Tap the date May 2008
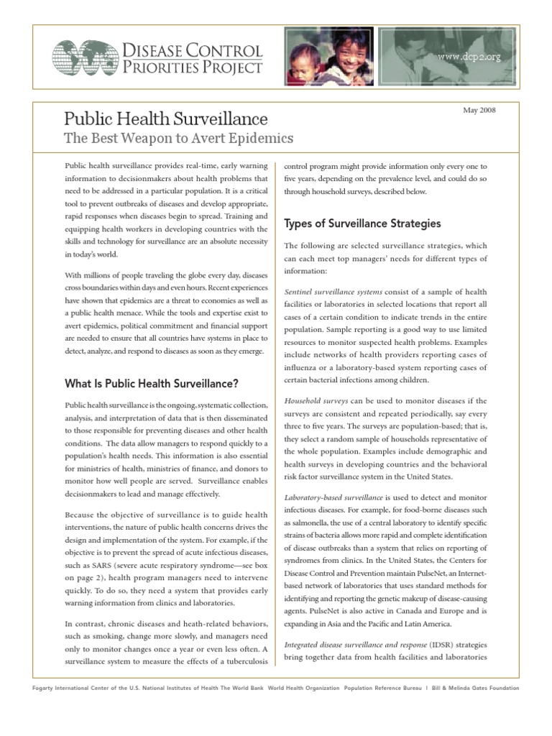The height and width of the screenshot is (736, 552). (480, 110)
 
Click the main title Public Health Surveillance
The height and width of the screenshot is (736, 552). (166, 119)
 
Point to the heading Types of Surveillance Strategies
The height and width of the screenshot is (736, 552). (363, 223)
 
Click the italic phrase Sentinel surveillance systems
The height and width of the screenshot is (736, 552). (333, 292)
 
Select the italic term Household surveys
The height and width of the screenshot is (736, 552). (316, 400)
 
